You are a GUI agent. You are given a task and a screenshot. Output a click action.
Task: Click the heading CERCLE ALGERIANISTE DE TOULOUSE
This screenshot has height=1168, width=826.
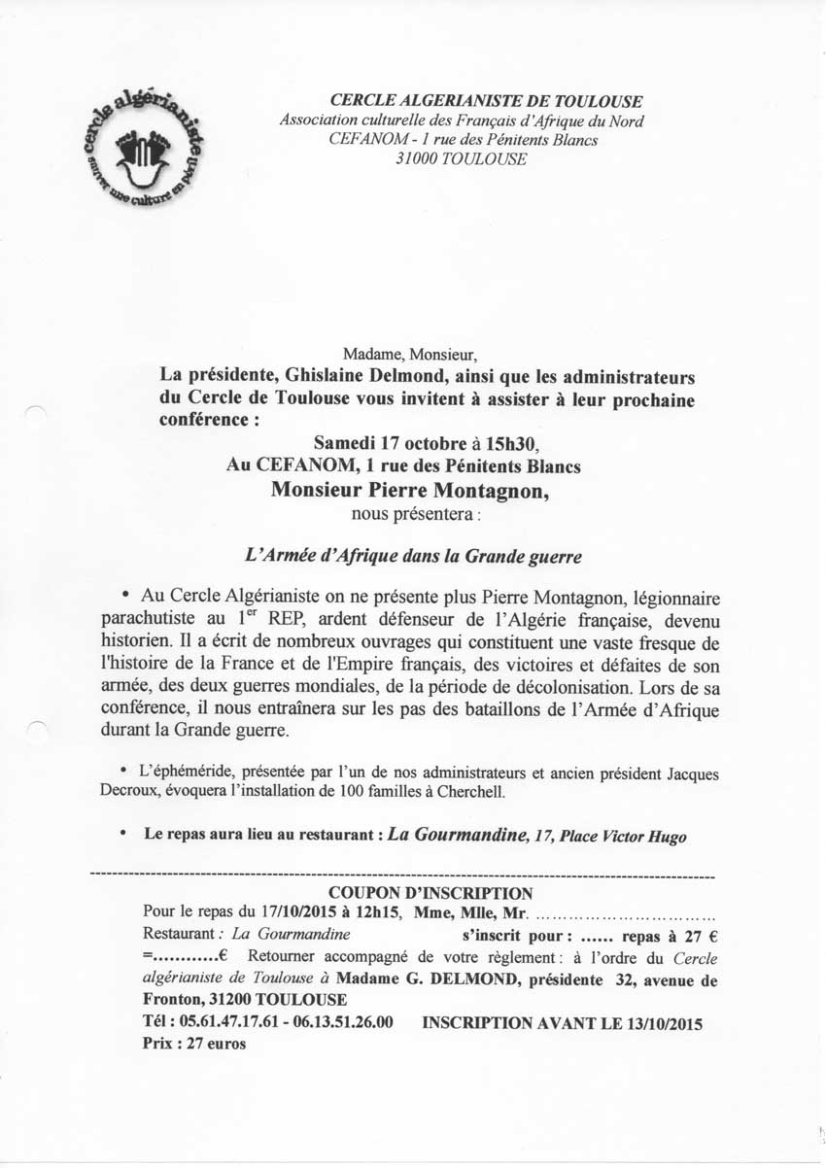[487, 101]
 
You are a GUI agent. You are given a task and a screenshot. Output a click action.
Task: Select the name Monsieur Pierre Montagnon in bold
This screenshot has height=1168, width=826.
[410, 490]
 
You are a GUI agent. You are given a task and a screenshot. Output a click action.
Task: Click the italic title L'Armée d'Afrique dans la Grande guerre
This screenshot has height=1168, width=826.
[411, 558]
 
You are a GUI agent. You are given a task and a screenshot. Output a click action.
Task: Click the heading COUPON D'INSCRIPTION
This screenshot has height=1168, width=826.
[430, 893]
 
